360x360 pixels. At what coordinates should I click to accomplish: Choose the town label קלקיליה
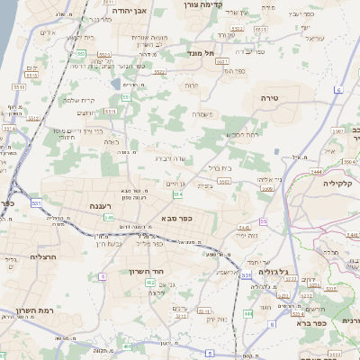(342, 183)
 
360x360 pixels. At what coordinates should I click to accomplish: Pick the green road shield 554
(178, 194)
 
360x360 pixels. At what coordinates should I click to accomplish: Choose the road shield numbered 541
(108, 218)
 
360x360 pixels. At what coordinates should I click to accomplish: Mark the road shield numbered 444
(247, 314)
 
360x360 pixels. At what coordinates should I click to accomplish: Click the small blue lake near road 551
(115, 83)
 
